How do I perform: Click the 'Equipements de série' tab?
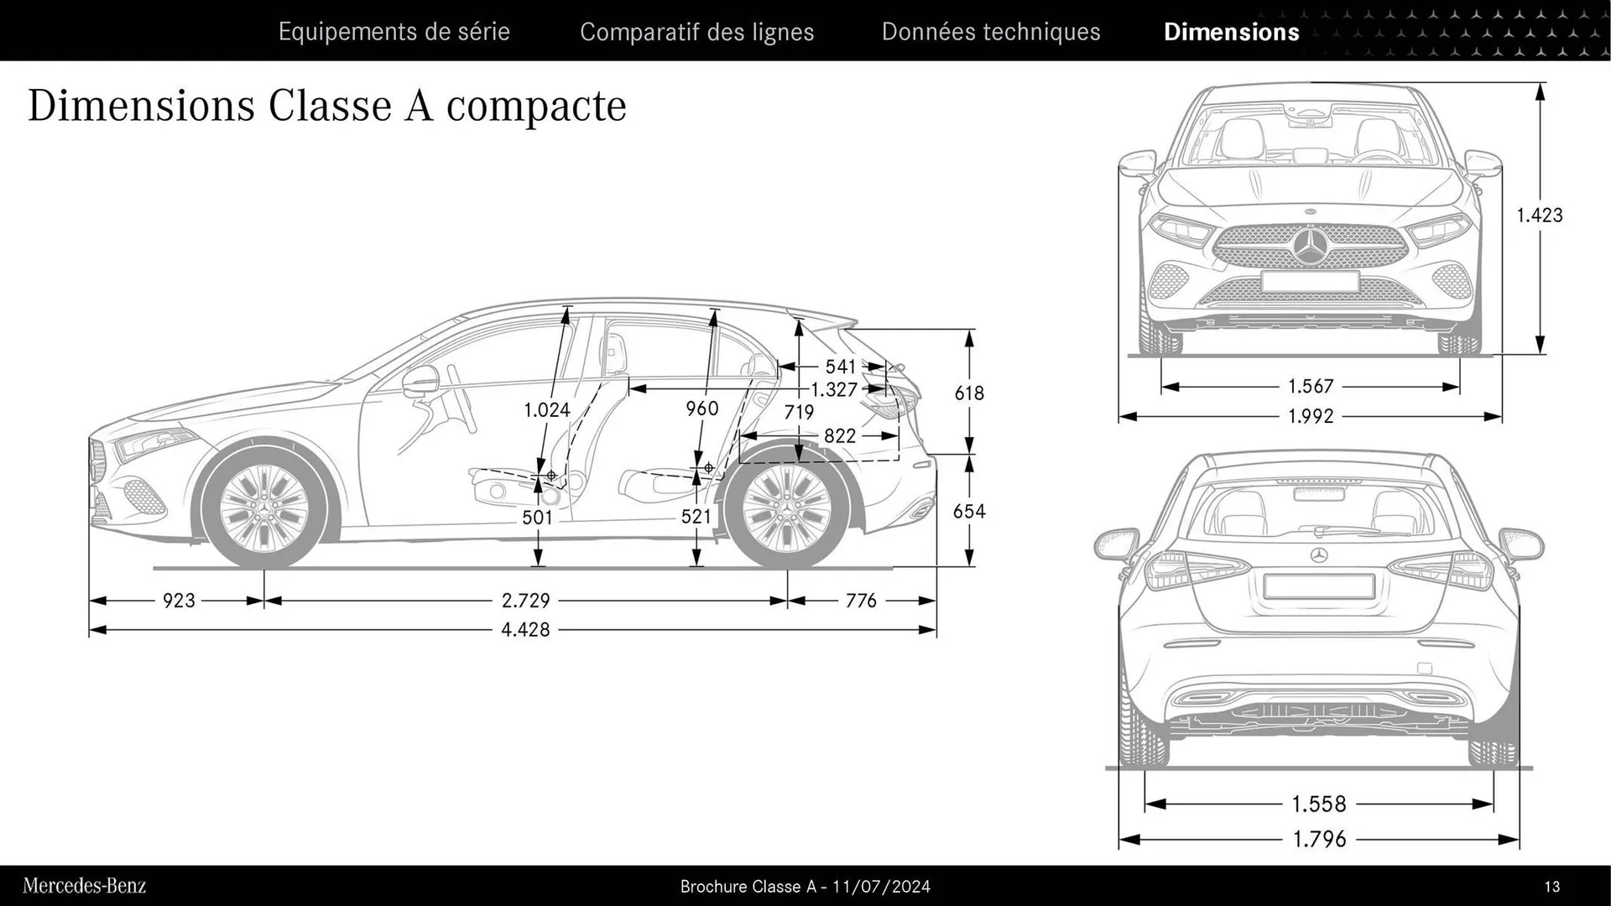click(x=394, y=32)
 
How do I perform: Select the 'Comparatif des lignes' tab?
click(x=696, y=32)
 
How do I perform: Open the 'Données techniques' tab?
click(x=990, y=32)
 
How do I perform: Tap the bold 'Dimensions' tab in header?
click(x=1231, y=32)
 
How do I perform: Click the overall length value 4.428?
click(x=525, y=629)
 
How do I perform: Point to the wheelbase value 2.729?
click(x=525, y=601)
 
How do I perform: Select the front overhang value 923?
click(x=179, y=601)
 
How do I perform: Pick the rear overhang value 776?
click(x=861, y=601)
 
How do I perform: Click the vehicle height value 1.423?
click(x=1539, y=216)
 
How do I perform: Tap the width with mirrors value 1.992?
click(x=1311, y=416)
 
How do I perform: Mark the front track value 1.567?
click(x=1311, y=387)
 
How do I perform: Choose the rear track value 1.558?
click(x=1319, y=804)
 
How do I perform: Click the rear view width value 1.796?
click(x=1319, y=839)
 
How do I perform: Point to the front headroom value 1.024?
click(x=546, y=410)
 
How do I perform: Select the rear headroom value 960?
click(x=701, y=409)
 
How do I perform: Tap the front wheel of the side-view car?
click(x=263, y=507)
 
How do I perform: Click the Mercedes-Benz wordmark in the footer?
click(x=84, y=886)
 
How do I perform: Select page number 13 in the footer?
click(x=1551, y=887)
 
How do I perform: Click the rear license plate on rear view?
click(x=1318, y=586)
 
